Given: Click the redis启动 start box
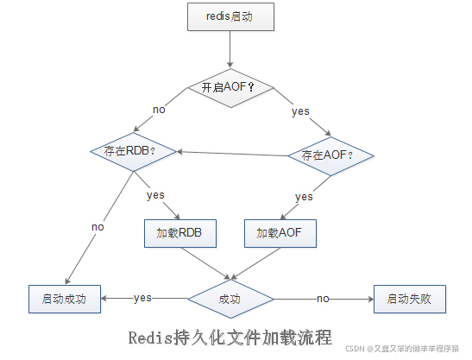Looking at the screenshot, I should [x=230, y=16].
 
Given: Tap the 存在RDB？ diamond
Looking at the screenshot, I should [x=134, y=149].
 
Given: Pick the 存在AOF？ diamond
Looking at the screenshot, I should [x=331, y=155].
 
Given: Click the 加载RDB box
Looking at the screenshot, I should [x=179, y=232].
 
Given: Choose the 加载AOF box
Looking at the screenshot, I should [x=280, y=232].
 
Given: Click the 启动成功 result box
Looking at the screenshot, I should [x=65, y=298].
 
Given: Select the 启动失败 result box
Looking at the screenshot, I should [x=409, y=298].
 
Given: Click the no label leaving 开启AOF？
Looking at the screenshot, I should [x=159, y=110].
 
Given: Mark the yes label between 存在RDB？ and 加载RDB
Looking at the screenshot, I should [x=155, y=195].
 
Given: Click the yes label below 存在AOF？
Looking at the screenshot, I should [x=304, y=197].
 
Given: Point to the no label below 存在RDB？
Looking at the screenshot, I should [x=98, y=226].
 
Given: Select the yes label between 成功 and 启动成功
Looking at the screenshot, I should [x=143, y=298].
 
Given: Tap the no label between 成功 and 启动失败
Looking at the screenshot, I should [x=323, y=298].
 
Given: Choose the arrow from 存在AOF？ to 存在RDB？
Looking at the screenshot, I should [x=233, y=153].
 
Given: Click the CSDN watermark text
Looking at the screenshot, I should [x=406, y=349].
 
